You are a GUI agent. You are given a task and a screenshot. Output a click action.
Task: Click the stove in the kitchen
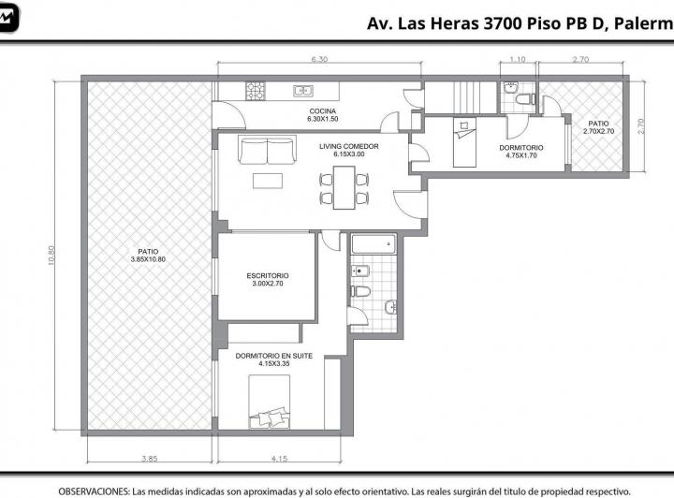(255, 91)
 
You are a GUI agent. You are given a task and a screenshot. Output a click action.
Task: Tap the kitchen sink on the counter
(303, 91)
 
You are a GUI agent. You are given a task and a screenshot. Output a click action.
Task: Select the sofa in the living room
(268, 150)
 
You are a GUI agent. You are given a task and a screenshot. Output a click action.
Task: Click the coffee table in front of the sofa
(268, 181)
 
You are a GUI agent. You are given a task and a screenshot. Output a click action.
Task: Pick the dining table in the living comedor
(344, 188)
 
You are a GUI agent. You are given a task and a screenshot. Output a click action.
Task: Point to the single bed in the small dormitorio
(464, 141)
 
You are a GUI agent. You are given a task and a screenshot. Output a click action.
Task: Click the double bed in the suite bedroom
(269, 402)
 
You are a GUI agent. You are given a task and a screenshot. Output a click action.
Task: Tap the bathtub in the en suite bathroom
(374, 243)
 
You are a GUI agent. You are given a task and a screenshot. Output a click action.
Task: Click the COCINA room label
(323, 111)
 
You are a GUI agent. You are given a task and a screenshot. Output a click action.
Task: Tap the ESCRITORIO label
(268, 275)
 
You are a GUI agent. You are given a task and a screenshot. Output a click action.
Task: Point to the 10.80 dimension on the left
(51, 256)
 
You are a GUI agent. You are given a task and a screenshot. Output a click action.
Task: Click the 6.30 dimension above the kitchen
(319, 59)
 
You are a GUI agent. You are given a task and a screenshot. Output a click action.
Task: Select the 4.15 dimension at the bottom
(279, 459)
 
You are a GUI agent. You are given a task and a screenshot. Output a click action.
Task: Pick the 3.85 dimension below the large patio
(150, 459)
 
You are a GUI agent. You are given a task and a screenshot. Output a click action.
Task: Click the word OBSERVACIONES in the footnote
(94, 491)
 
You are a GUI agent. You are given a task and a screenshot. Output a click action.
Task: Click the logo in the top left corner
(8, 17)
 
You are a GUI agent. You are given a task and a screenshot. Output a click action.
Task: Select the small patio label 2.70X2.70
(599, 131)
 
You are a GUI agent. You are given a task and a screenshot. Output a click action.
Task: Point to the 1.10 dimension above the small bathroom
(518, 59)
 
